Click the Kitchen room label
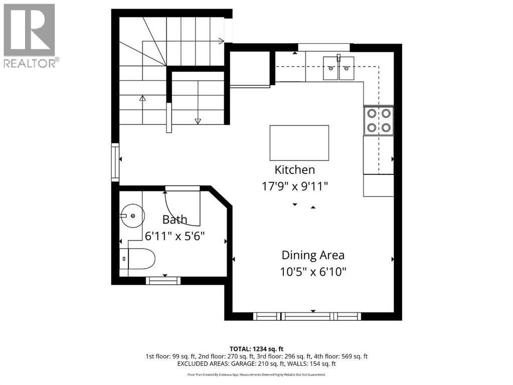tap(294, 169)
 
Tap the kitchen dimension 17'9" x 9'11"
tap(294, 186)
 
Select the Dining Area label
tap(313, 255)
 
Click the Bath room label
tap(175, 219)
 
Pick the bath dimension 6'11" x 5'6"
tap(175, 235)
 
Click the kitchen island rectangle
tap(299, 142)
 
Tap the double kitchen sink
tap(338, 68)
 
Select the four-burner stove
tap(379, 120)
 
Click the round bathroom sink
tap(133, 216)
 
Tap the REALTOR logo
tap(30, 36)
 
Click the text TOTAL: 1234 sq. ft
tap(256, 348)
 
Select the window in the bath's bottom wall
tap(163, 281)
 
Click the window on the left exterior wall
tap(115, 162)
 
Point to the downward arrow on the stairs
tap(198, 121)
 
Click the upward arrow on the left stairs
tap(142, 99)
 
